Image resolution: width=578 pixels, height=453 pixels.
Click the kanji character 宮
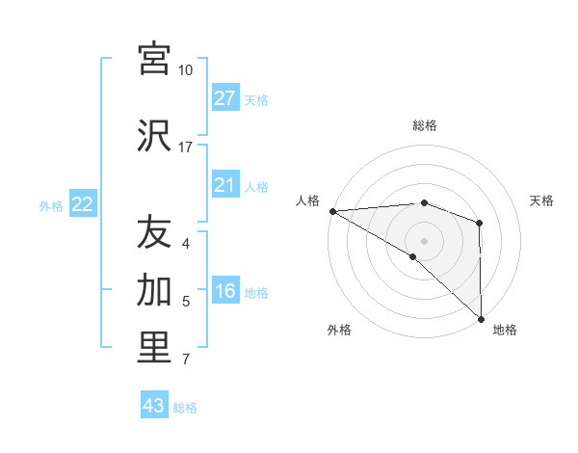pos(154,60)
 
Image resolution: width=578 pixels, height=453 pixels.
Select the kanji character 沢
pos(154,135)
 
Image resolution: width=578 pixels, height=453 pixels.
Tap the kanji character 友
pos(154,232)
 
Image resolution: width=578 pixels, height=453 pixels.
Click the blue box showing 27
pos(224,98)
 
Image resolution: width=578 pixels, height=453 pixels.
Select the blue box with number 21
pos(224,185)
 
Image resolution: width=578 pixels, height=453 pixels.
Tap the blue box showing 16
pos(224,292)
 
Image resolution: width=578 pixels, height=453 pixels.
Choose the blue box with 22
pos(82,204)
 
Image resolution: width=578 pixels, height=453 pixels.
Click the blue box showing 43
pos(153,406)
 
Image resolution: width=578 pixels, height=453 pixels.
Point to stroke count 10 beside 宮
pos(185,70)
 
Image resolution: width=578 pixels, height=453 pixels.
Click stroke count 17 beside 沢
pos(185,147)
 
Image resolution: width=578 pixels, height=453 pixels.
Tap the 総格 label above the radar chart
pos(424,125)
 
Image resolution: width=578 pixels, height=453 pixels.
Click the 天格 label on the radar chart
pos(542,200)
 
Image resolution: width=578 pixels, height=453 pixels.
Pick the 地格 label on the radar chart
pos(505,331)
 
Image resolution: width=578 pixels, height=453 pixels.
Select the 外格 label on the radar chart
pos(339,331)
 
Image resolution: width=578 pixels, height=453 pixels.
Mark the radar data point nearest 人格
pos(332,211)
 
